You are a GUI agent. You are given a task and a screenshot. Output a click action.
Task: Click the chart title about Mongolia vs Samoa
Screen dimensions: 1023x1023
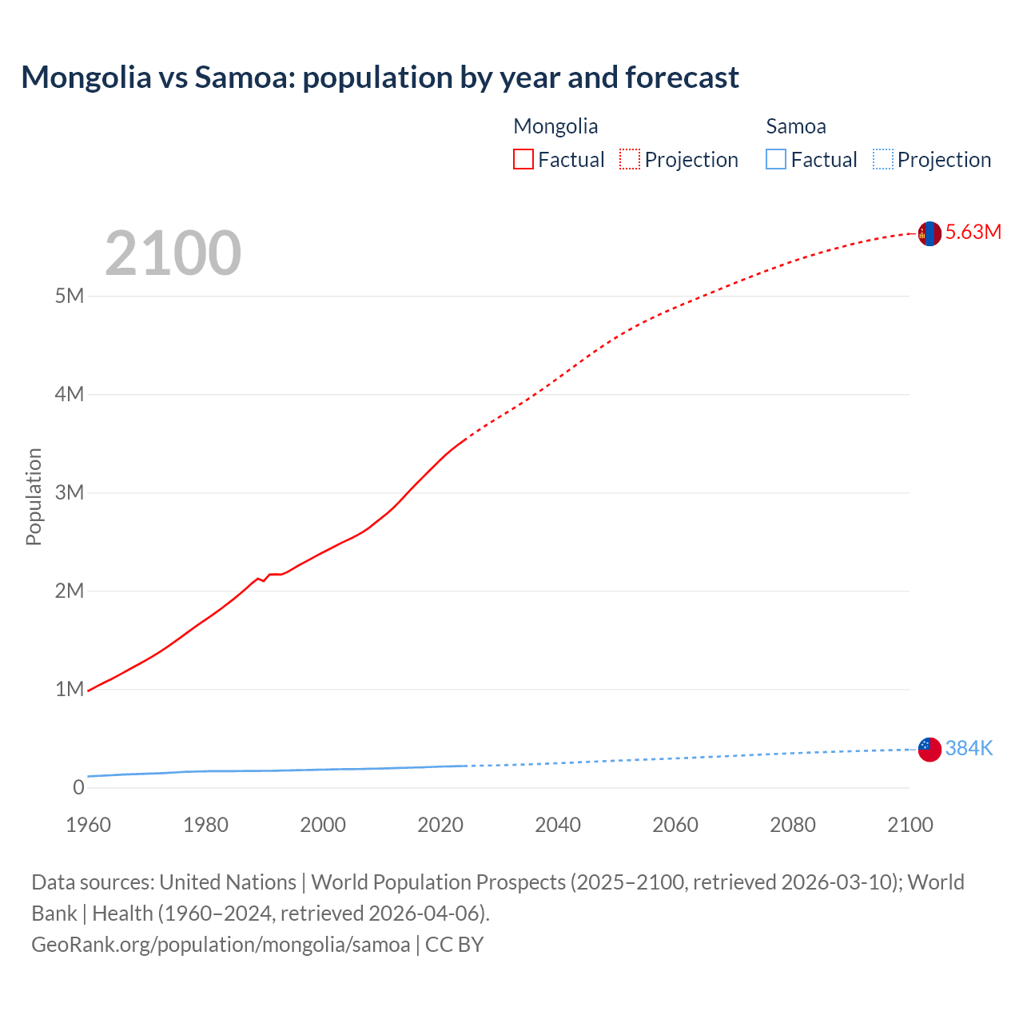[380, 78]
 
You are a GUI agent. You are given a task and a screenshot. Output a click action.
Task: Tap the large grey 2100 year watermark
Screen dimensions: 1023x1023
[173, 253]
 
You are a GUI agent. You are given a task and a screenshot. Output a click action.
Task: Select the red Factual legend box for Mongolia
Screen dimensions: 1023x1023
[523, 159]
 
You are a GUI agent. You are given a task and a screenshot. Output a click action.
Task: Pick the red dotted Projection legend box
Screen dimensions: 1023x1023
[630, 159]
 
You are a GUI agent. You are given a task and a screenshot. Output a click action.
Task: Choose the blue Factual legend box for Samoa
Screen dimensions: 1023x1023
[775, 159]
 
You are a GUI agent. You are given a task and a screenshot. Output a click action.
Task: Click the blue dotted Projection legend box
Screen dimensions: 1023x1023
[882, 159]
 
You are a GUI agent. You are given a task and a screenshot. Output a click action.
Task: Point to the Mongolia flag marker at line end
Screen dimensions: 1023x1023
[929, 233]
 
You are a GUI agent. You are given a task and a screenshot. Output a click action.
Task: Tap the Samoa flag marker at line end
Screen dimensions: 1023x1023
[929, 749]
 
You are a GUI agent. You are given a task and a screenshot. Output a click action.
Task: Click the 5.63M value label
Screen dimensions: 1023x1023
[973, 232]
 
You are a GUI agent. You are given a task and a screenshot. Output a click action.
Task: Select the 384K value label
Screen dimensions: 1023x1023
[969, 748]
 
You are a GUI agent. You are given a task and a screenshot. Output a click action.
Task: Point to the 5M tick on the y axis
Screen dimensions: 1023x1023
[70, 296]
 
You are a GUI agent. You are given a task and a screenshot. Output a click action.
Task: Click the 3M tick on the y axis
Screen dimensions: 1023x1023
[70, 492]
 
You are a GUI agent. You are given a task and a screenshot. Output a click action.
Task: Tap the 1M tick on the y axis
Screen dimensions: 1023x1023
[70, 689]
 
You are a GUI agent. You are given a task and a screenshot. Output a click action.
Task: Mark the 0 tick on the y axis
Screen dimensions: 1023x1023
[78, 787]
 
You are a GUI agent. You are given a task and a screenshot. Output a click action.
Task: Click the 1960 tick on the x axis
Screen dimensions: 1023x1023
[89, 825]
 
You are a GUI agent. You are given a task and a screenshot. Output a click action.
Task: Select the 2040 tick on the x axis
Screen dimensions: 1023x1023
[558, 825]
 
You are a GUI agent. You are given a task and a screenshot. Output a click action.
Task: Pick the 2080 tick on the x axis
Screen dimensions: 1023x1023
[793, 825]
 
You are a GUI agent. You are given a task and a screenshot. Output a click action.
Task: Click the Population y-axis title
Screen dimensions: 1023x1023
[34, 496]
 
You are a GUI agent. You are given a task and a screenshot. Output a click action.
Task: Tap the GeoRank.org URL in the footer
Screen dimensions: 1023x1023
[221, 945]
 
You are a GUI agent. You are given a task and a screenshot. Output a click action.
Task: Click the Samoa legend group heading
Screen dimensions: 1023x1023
[795, 126]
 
